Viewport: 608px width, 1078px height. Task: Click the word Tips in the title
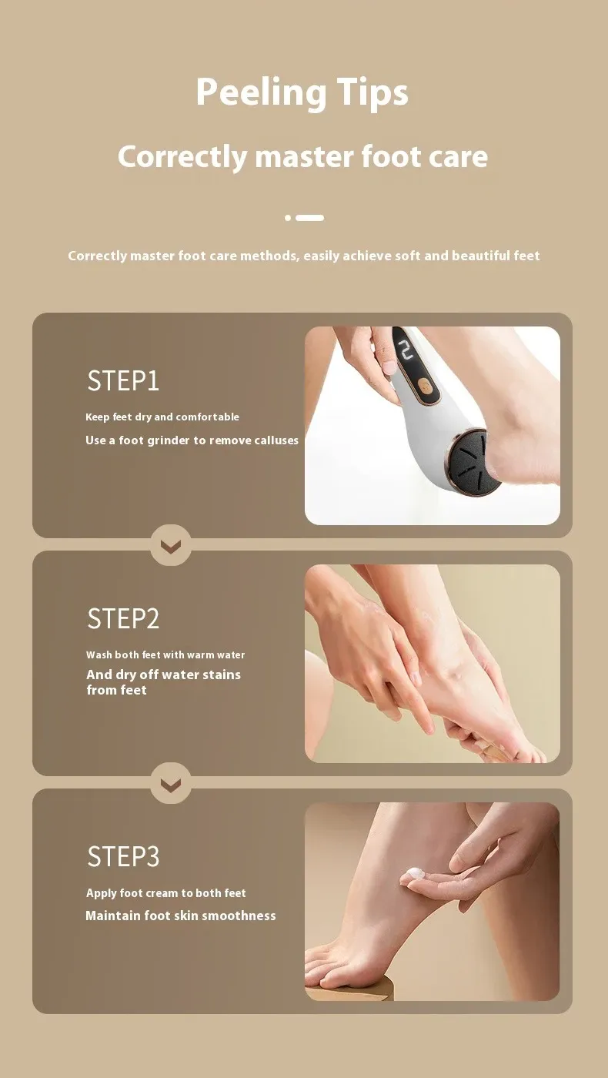coord(372,93)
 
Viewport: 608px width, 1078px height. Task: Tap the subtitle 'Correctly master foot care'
coord(303,157)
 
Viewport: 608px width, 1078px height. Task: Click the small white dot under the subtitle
coord(288,218)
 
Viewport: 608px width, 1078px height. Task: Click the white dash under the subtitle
coord(309,218)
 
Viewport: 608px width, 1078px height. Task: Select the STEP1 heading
coord(123,380)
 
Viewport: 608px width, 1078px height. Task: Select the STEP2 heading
coord(123,618)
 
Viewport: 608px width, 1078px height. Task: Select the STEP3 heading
coord(123,856)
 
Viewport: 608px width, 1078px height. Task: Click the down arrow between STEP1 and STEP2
coord(171,546)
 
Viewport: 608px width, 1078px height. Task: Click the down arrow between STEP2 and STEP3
coord(171,785)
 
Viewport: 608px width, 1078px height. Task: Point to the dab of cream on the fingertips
coord(414,872)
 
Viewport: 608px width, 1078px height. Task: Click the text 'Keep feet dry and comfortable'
coord(162,417)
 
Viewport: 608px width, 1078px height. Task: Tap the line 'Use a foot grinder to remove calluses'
coord(192,440)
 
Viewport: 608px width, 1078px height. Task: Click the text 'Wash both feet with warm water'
coord(165,655)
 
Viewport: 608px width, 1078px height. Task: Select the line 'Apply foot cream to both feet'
coord(166,893)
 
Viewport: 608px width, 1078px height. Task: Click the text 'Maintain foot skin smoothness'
coord(181,916)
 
